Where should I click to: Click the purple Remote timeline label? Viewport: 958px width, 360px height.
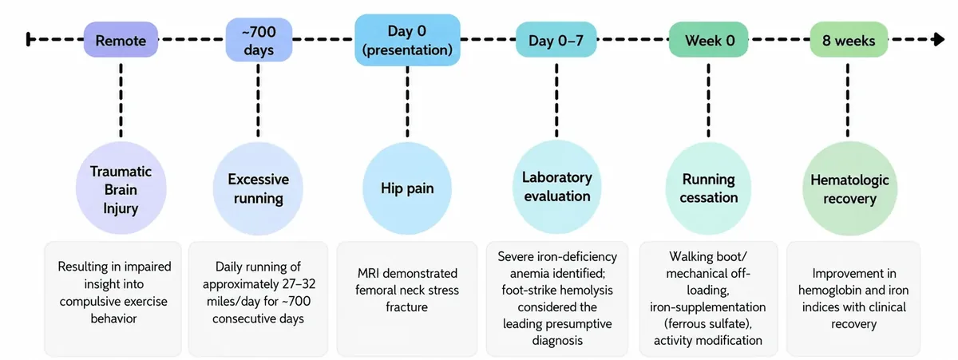(121, 40)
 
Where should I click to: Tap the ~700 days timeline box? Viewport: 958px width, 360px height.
(259, 40)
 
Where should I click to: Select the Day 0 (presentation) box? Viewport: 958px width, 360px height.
(407, 40)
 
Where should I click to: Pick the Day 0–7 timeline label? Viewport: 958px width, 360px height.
(556, 40)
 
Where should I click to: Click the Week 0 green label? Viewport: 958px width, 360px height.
(709, 40)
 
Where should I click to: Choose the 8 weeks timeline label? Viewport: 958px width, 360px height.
(849, 40)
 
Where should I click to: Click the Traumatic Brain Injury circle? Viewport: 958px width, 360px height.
(121, 188)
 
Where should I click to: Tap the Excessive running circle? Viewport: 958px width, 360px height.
(258, 188)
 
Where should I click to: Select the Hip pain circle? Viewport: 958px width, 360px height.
(407, 188)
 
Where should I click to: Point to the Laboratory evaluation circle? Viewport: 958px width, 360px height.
(557, 187)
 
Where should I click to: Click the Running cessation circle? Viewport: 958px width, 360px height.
(708, 188)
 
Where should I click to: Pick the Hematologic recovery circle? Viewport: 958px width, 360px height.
(849, 188)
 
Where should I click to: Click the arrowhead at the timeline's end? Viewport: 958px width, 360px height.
(939, 39)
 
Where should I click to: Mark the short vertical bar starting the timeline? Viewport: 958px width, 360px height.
(28, 39)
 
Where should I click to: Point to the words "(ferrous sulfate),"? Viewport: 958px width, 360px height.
(708, 323)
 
